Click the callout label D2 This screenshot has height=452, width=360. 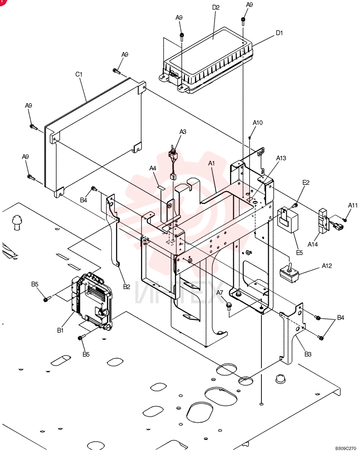pyautogui.click(x=216, y=7)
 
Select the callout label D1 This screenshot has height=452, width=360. pyautogui.click(x=279, y=33)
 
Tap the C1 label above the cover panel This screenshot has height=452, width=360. pyautogui.click(x=79, y=75)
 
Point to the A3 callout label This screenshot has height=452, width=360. pyautogui.click(x=183, y=132)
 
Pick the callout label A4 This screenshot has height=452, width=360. pyautogui.click(x=152, y=168)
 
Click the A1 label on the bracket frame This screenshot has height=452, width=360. pyautogui.click(x=212, y=164)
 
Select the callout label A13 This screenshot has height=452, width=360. pyautogui.click(x=281, y=158)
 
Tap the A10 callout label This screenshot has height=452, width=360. pyautogui.click(x=258, y=123)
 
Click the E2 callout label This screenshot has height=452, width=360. pyautogui.click(x=306, y=183)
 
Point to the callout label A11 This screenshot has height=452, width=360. pyautogui.click(x=352, y=205)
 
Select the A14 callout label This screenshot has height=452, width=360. pyautogui.click(x=313, y=245)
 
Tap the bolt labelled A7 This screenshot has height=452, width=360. pyautogui.click(x=229, y=306)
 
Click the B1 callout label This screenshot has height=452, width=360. pyautogui.click(x=60, y=330)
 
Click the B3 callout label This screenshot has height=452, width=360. pyautogui.click(x=308, y=354)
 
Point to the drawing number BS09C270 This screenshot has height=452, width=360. pyautogui.click(x=346, y=448)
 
